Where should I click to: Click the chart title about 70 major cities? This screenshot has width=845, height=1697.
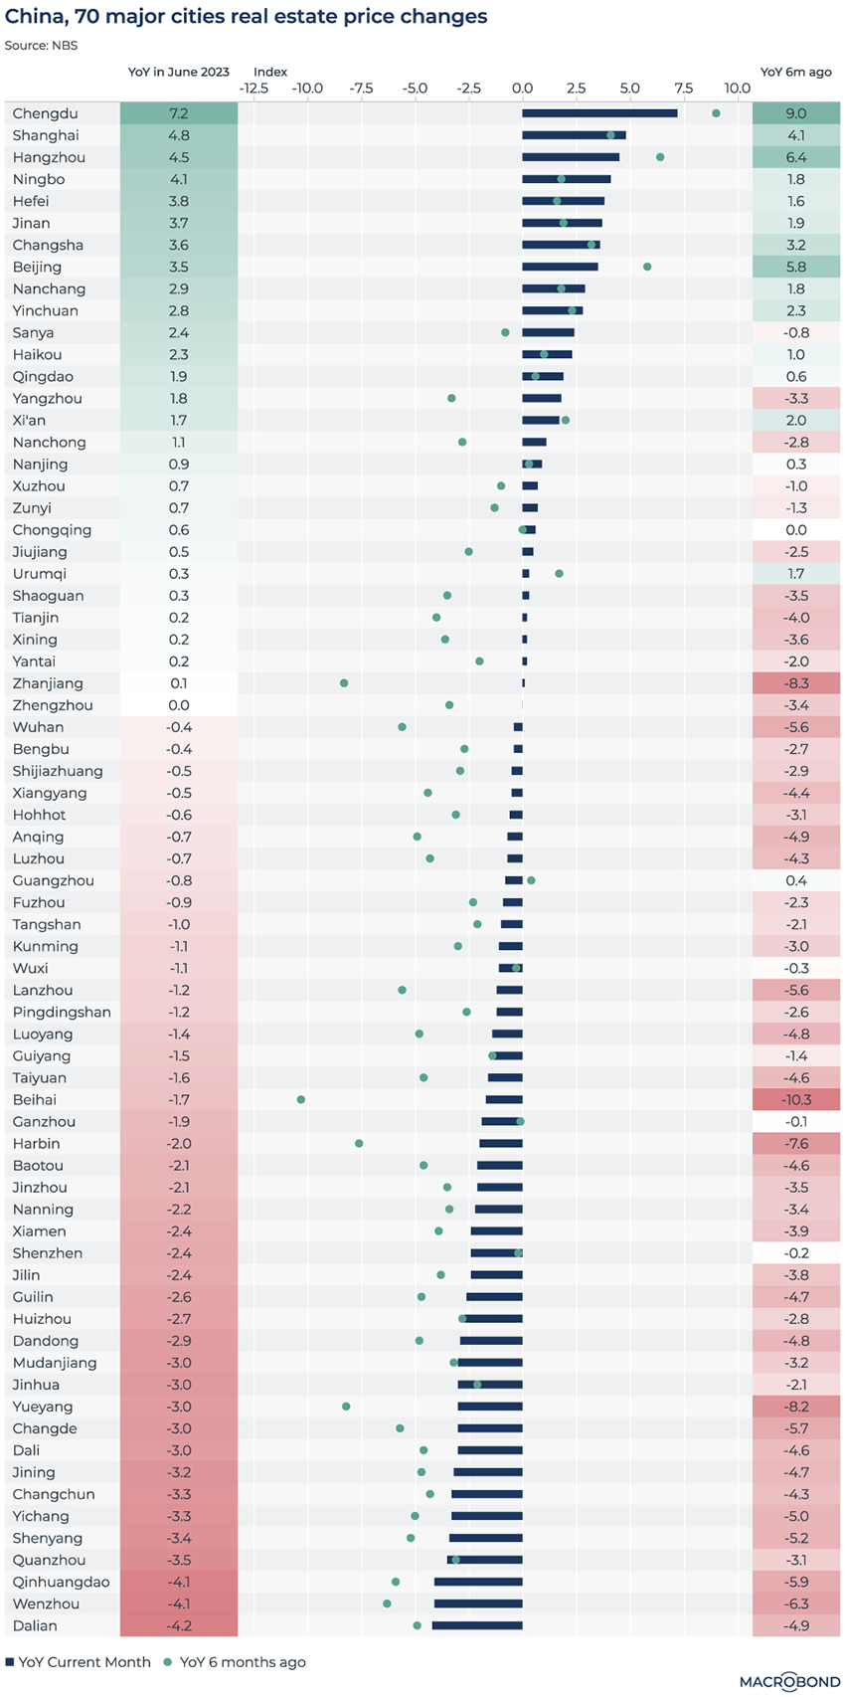247,17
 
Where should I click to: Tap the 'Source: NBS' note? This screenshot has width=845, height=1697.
41,45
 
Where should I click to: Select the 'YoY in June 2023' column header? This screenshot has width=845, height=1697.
179,72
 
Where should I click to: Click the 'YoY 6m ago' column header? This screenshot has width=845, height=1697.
795,72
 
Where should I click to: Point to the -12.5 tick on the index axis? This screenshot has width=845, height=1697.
253,89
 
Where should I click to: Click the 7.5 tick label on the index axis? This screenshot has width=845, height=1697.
684,89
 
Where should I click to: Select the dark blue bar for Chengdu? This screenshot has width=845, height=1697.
599,113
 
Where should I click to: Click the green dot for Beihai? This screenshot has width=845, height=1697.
301,1099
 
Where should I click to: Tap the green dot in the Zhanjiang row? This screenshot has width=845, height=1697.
344,683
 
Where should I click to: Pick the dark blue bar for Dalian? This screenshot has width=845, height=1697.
477,1625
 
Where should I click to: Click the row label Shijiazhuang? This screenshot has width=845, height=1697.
58,771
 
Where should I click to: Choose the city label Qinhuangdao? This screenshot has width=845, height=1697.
61,1582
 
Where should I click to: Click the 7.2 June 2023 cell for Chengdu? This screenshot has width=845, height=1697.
179,113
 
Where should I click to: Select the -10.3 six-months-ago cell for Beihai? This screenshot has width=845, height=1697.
796,1099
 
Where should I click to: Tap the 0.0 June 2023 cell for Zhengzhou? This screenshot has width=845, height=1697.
179,705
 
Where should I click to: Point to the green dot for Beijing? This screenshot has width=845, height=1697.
647,267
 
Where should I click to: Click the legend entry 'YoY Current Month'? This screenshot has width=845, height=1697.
79,1662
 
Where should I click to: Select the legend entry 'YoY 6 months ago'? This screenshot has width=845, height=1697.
235,1662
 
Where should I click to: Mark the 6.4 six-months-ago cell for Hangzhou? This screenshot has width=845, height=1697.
796,157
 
